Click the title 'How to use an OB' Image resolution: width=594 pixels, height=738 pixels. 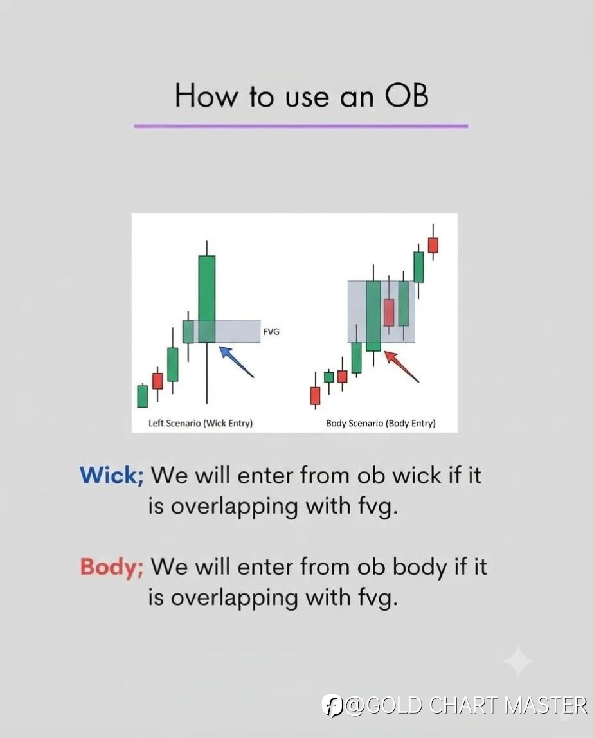(x=301, y=96)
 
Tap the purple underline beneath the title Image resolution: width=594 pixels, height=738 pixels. (x=301, y=126)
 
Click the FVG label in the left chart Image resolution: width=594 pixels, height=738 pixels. (x=271, y=332)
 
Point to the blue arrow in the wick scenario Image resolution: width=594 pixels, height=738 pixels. (x=237, y=361)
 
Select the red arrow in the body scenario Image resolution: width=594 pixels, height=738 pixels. (x=402, y=366)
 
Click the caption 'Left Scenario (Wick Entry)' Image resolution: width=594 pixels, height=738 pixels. (x=201, y=423)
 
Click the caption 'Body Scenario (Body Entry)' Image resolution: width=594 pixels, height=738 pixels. (x=381, y=423)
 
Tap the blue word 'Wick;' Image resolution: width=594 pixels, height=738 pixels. (x=112, y=475)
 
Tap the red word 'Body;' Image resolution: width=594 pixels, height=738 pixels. (x=112, y=566)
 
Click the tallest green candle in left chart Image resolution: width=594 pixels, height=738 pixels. (x=206, y=299)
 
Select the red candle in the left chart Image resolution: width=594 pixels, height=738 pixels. (x=157, y=381)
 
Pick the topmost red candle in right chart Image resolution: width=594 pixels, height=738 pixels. (x=433, y=245)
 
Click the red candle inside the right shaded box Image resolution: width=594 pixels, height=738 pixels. (x=389, y=312)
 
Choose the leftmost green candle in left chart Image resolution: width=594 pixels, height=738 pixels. (x=143, y=396)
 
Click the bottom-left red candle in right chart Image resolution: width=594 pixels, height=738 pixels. (x=315, y=395)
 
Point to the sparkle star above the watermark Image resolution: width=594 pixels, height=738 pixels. (x=518, y=661)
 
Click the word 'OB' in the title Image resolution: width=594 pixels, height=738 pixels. (x=407, y=96)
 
